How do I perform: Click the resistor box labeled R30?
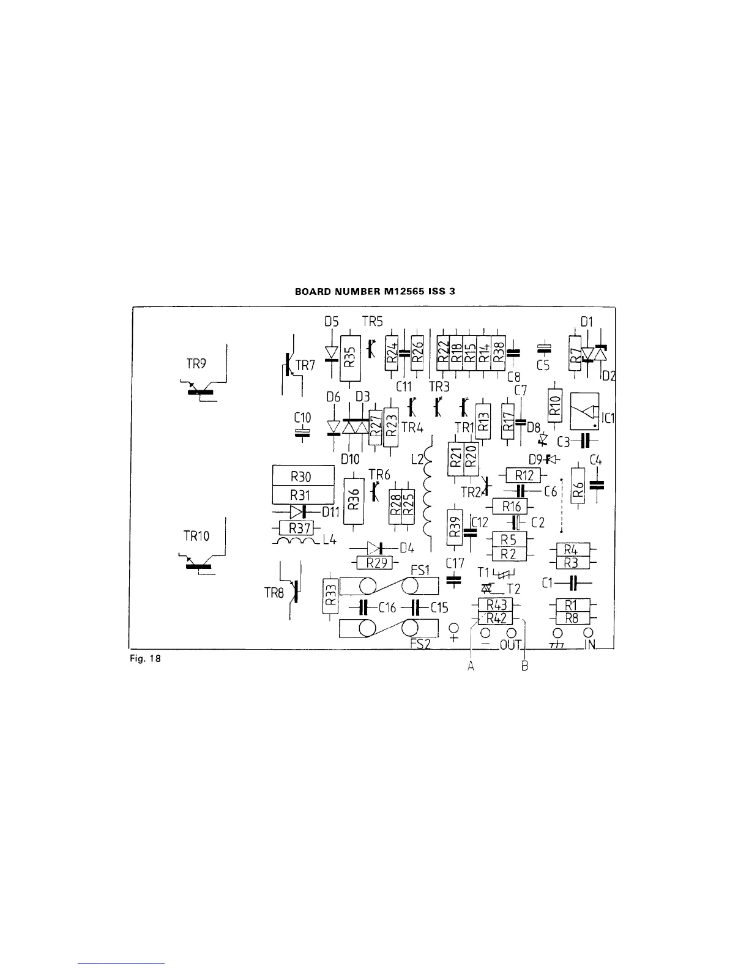[x=303, y=475]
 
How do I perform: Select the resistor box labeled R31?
[x=303, y=494]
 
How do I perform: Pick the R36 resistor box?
[x=353, y=500]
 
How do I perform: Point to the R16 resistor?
[x=510, y=506]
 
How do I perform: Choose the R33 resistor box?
[x=330, y=596]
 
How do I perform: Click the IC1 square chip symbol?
[x=584, y=411]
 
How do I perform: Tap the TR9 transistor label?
[x=196, y=363]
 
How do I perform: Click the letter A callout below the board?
[x=471, y=667]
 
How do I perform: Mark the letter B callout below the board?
[x=525, y=667]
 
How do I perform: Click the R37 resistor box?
[x=296, y=527]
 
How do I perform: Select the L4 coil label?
[x=327, y=541]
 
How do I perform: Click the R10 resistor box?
[x=554, y=405]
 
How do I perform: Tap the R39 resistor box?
[x=453, y=527]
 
